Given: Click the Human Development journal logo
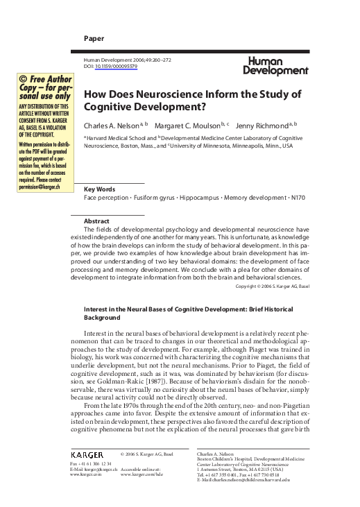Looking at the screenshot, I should point(275,66).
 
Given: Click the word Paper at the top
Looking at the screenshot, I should point(92,37).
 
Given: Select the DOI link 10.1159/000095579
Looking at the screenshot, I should point(117,67).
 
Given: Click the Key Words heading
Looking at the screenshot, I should point(99,189).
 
